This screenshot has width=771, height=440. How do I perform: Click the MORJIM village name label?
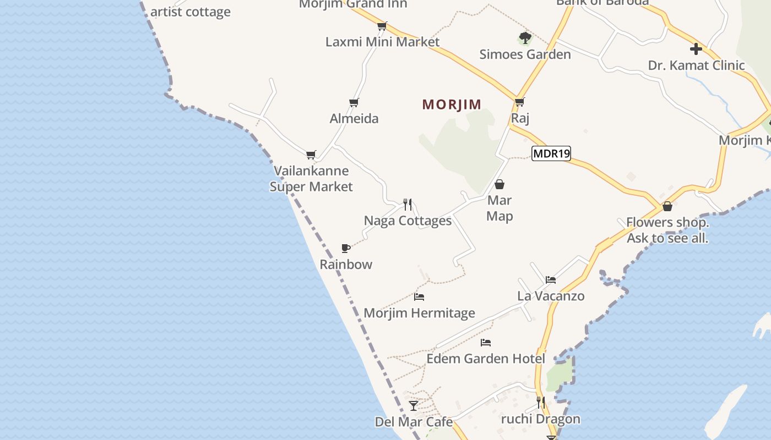click(452, 105)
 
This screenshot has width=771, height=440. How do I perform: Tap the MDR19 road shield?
click(551, 153)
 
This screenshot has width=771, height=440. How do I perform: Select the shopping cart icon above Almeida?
click(354, 102)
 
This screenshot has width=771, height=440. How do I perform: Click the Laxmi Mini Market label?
click(382, 42)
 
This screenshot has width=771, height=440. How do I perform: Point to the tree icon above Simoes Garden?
click(525, 38)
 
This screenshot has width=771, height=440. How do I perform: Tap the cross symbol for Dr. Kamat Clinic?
click(696, 49)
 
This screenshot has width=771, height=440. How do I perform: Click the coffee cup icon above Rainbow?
click(346, 248)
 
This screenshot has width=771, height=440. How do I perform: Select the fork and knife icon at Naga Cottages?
click(408, 205)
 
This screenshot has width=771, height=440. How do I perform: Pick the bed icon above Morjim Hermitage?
click(419, 297)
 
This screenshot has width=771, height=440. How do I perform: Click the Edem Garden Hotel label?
click(486, 359)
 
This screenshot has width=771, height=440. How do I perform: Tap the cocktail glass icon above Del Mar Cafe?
click(414, 406)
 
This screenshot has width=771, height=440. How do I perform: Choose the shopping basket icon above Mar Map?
click(499, 184)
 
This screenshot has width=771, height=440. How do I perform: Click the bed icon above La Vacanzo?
click(550, 280)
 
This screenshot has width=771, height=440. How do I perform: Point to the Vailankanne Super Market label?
click(311, 179)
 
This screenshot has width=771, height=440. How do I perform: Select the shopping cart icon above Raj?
click(519, 102)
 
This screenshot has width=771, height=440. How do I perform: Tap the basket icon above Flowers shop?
click(667, 206)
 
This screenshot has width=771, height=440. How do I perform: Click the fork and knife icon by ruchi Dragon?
click(540, 403)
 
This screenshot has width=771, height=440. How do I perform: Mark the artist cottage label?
click(190, 12)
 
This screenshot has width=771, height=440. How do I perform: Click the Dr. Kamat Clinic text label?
click(696, 65)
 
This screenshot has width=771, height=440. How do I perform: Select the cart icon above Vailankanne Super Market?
click(311, 155)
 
